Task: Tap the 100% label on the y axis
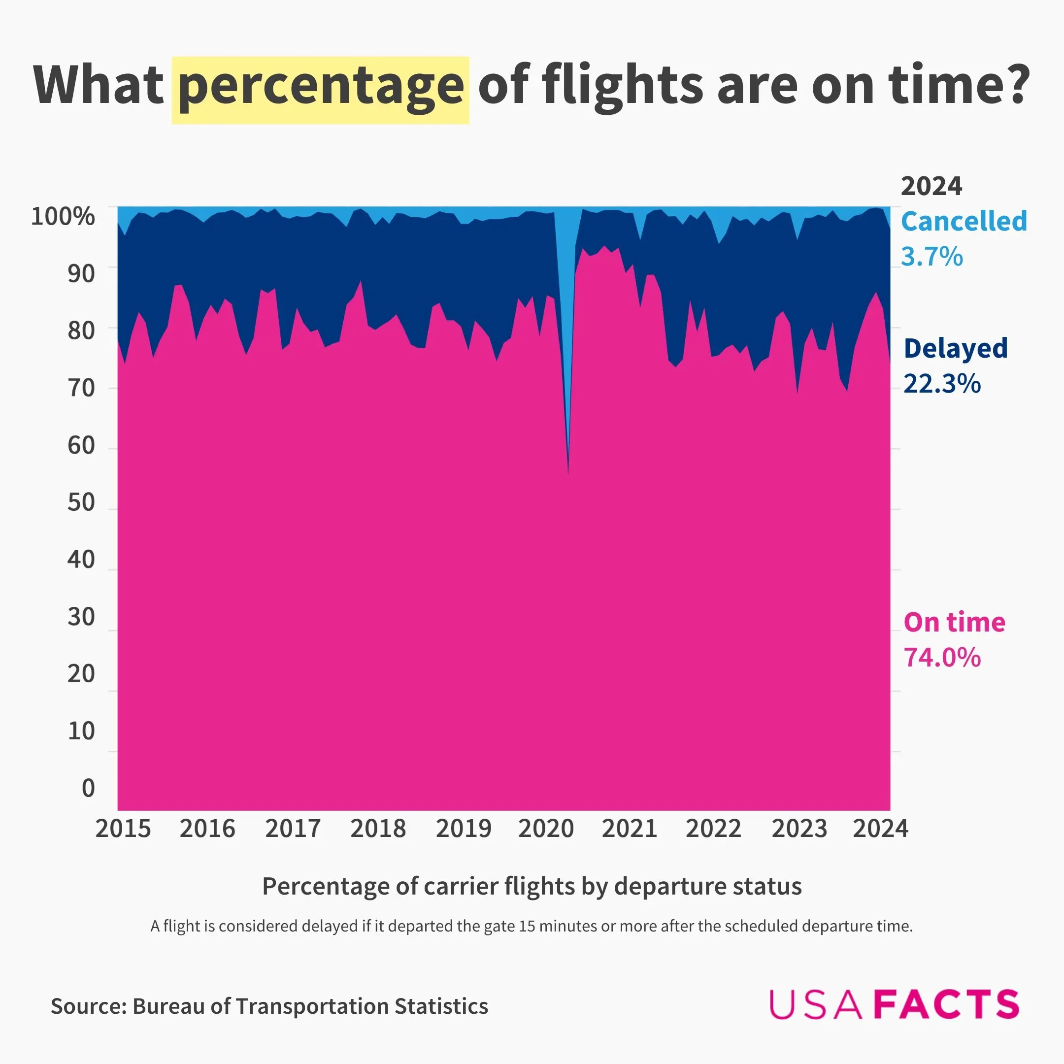(63, 216)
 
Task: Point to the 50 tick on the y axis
(81, 502)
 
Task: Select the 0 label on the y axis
(88, 788)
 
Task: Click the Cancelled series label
(964, 221)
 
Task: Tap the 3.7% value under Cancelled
(932, 257)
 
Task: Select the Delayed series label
(956, 349)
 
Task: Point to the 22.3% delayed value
(942, 384)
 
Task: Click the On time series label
(955, 622)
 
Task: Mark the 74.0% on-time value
(942, 658)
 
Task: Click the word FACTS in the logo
(947, 1004)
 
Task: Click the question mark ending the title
(1014, 85)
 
